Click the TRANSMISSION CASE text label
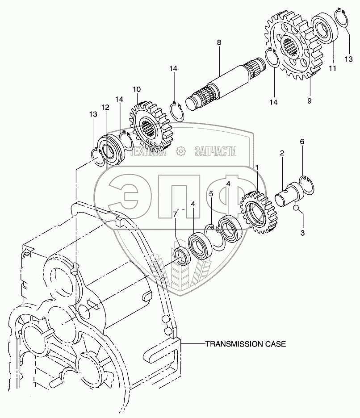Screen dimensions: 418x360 point(245,344)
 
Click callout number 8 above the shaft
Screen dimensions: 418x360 point(219,43)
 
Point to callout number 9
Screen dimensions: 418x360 point(309,101)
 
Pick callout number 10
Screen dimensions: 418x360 point(136,89)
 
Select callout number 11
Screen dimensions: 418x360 point(332,68)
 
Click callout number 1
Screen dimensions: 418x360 point(257,167)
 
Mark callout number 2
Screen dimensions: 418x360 point(282,154)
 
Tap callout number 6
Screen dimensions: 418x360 point(302,142)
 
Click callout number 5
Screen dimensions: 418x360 point(211,194)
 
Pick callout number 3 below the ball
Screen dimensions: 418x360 point(302,233)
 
